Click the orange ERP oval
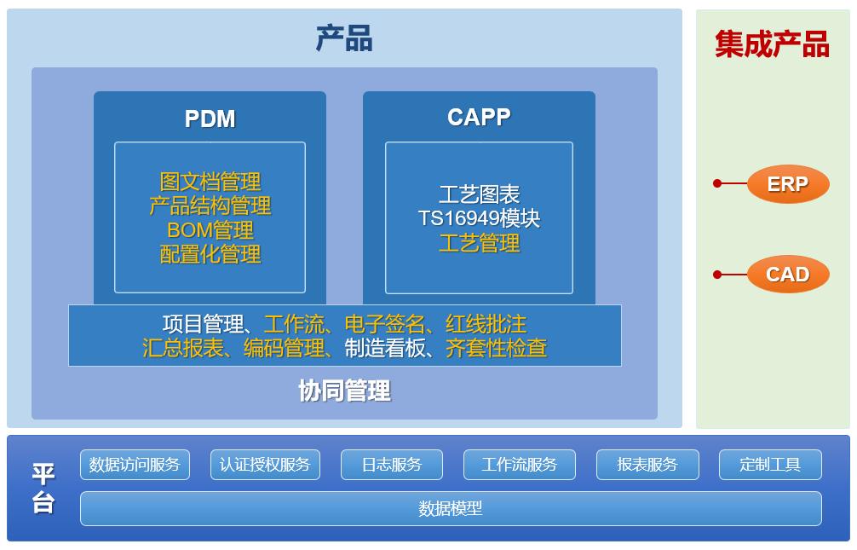tap(787, 184)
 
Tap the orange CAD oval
tap(787, 275)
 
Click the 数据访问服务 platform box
tap(135, 465)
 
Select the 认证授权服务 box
tap(265, 465)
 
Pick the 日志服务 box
tap(391, 465)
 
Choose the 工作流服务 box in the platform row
tap(519, 465)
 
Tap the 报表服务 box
tap(647, 465)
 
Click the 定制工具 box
tap(770, 465)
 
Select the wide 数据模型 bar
tap(451, 508)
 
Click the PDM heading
tap(210, 119)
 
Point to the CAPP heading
tap(479, 117)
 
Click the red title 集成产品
tap(772, 43)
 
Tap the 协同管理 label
tap(344, 391)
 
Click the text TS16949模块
tap(479, 218)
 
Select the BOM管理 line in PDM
tap(210, 230)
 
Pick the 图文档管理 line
tap(210, 182)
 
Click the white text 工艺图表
tap(479, 194)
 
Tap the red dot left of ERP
tap(717, 183)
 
